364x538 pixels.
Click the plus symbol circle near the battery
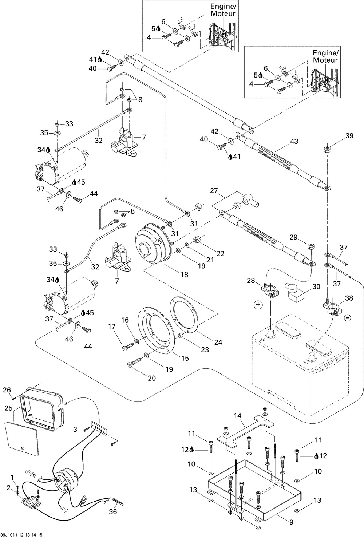[258, 305]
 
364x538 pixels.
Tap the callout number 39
[349, 136]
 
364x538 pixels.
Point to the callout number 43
[294, 141]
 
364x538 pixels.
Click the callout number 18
[185, 274]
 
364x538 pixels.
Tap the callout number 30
[316, 286]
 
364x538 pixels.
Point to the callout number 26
[7, 390]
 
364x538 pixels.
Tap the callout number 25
[9, 408]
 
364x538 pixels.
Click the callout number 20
[152, 378]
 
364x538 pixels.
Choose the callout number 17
[112, 327]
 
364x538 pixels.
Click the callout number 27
[214, 191]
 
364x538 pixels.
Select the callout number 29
[293, 237]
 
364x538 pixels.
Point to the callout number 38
[349, 298]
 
